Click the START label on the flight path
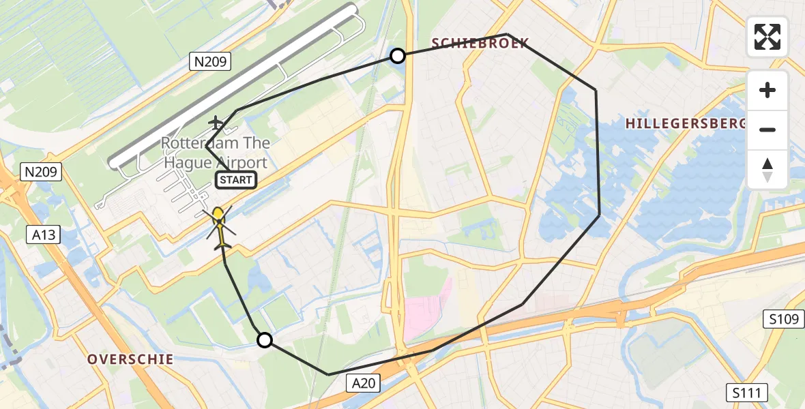pos(236,180)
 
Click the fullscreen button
pos(767,37)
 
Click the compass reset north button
pos(767,170)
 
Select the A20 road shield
pos(364,384)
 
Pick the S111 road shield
pos(746,393)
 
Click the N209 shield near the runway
pos(211,62)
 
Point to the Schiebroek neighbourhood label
pos(480,44)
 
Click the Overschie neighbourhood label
pos(130,359)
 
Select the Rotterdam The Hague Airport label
pos(216,153)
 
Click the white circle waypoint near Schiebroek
pos(397,56)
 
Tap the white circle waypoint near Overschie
pos(264,340)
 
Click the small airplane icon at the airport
pos(216,123)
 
